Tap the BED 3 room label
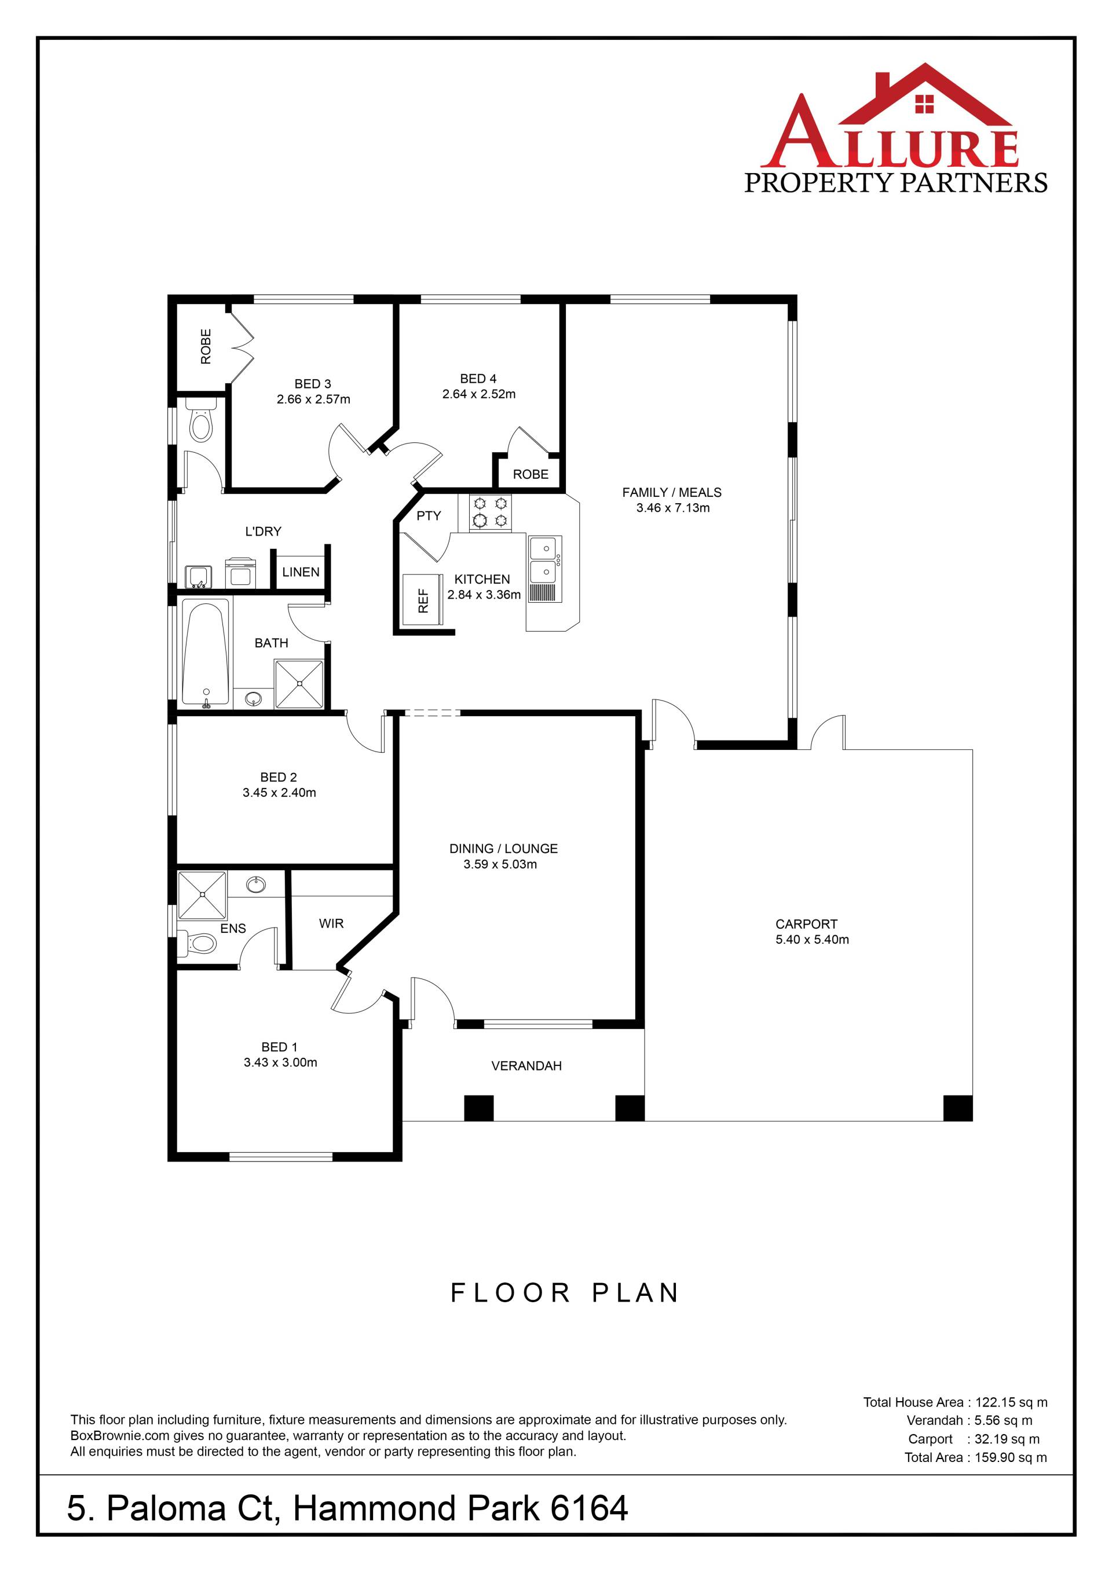click(x=313, y=384)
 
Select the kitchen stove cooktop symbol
click(x=489, y=513)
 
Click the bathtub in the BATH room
click(x=206, y=654)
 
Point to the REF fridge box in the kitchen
click(x=425, y=600)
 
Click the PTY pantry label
click(x=429, y=515)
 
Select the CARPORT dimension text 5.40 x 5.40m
click(x=812, y=939)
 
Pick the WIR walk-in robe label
click(x=331, y=924)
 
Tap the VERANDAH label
click(x=526, y=1065)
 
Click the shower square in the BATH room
click(x=298, y=684)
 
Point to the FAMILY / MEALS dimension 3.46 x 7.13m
click(x=673, y=508)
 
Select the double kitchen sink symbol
click(x=545, y=570)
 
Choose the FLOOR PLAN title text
click(x=565, y=1293)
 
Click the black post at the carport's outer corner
click(x=958, y=1108)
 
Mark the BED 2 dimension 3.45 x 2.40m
click(x=279, y=793)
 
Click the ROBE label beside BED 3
click(x=206, y=346)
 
